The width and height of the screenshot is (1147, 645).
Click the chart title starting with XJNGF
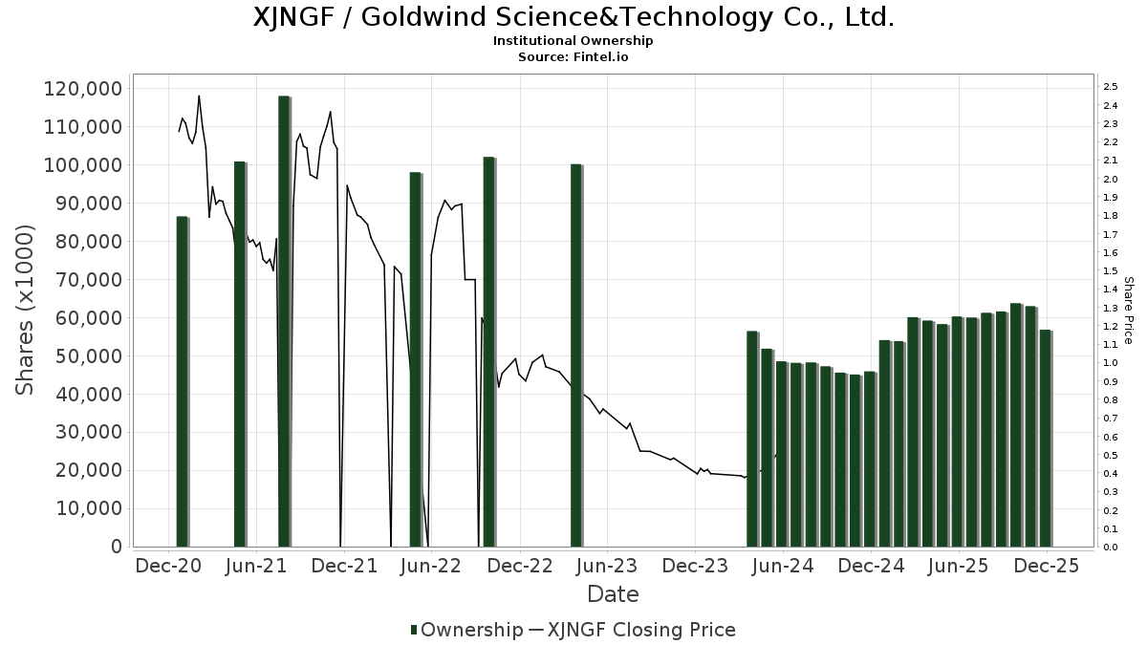[573, 17]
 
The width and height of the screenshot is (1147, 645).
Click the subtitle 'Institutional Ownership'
[573, 41]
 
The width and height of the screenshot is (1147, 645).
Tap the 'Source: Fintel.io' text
[573, 57]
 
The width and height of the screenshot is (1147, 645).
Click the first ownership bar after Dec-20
[182, 382]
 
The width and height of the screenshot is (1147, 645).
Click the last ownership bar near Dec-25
[1046, 439]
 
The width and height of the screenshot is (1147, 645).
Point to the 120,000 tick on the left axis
[83, 89]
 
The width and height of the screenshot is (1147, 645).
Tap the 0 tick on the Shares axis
[116, 547]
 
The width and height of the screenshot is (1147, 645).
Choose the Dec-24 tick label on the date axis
[871, 566]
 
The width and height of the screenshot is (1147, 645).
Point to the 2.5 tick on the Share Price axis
[1110, 87]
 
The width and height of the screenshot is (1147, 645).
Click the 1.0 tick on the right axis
[1110, 363]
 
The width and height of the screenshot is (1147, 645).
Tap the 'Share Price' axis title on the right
[1128, 311]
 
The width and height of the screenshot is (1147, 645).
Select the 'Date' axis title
[613, 594]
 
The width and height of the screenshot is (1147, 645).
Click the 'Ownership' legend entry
[466, 630]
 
